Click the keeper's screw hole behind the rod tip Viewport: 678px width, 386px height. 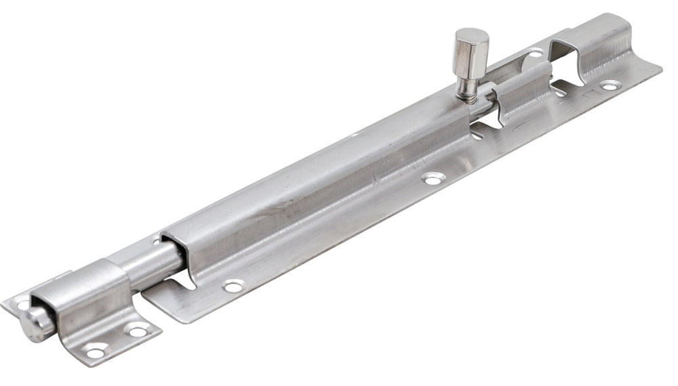(x=23, y=305)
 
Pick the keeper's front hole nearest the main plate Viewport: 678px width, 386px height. (x=138, y=331)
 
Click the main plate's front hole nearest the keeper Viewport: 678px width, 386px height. (x=233, y=286)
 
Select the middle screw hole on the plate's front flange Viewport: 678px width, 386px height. (x=433, y=179)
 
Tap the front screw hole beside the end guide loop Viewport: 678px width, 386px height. (x=609, y=85)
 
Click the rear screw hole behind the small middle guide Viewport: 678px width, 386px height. (x=535, y=53)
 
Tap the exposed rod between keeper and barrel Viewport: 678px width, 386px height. (x=146, y=260)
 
